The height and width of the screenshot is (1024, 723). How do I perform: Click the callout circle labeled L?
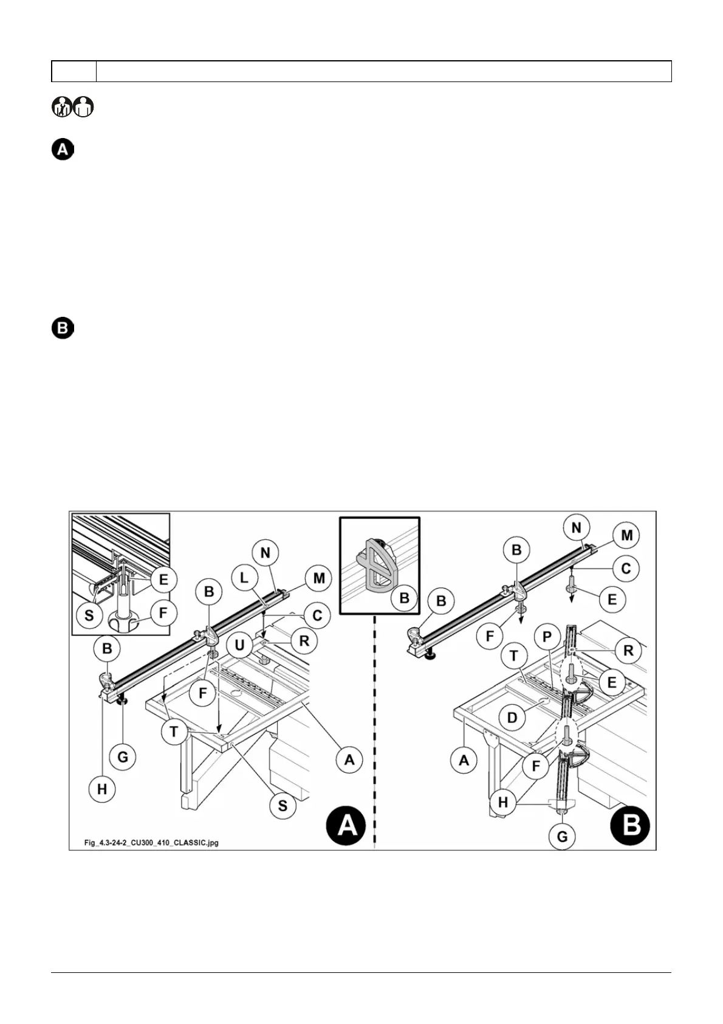pos(244,578)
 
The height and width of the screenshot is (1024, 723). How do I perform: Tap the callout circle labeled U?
pos(239,645)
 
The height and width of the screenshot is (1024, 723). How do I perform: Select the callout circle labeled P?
pos(547,637)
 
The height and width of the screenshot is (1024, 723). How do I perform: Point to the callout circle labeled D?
pos(512,718)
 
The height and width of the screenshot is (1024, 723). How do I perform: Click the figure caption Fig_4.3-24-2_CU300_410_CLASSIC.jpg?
pos(151,842)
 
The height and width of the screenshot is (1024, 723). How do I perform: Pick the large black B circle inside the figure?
pos(631,825)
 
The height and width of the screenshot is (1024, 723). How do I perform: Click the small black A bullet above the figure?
pos(62,150)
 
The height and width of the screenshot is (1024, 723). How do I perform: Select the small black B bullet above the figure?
pos(62,329)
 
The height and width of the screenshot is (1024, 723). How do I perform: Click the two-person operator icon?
pos(73,108)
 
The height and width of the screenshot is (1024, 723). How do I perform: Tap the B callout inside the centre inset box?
pos(404,598)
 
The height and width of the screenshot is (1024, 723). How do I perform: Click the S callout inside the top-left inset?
pos(89,615)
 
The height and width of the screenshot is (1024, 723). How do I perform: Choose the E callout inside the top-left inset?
pos(163,579)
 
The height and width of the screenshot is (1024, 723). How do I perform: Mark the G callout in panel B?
pos(562,837)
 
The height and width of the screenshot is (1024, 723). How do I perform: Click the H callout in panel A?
pos(102,789)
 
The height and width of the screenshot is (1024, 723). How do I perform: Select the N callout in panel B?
pos(576,528)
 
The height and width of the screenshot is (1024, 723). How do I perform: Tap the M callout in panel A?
pos(319,578)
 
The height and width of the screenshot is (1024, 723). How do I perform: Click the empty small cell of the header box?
pos(74,71)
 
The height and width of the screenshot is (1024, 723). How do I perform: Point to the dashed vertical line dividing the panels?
pos(374,730)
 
